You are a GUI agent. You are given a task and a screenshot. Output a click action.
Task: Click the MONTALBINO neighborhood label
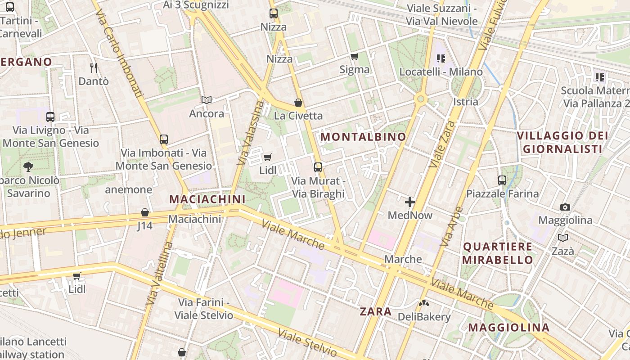point(363,137)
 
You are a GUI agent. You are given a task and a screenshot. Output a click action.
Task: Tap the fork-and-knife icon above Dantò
point(94,68)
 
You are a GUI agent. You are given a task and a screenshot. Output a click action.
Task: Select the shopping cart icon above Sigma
point(354,57)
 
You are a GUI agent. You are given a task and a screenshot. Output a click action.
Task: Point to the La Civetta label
point(298,116)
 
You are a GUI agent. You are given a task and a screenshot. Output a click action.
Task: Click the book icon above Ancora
point(207,100)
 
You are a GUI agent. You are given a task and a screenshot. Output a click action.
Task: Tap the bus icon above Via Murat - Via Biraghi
point(318,167)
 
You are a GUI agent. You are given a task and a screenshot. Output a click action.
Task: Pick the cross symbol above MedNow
point(410,202)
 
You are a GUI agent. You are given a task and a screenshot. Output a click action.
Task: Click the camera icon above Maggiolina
point(565,207)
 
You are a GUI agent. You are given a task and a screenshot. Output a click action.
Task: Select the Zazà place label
point(563,251)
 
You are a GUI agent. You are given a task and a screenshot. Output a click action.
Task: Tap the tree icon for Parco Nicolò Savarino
point(28,167)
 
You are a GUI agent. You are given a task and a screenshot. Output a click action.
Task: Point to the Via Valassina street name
point(250,132)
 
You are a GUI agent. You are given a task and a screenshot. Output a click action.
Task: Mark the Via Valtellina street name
point(160,274)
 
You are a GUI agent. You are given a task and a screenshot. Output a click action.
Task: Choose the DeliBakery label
point(424,317)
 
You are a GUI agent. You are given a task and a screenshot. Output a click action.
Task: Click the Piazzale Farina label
point(502,194)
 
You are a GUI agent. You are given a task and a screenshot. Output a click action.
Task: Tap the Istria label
point(466,101)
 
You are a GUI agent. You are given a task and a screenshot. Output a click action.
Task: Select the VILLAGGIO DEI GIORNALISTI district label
point(562,142)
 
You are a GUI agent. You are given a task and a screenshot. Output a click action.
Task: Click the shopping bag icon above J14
point(145,212)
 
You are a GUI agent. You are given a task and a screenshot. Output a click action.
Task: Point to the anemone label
point(129,189)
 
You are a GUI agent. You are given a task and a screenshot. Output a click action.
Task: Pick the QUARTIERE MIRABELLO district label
point(498,253)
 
